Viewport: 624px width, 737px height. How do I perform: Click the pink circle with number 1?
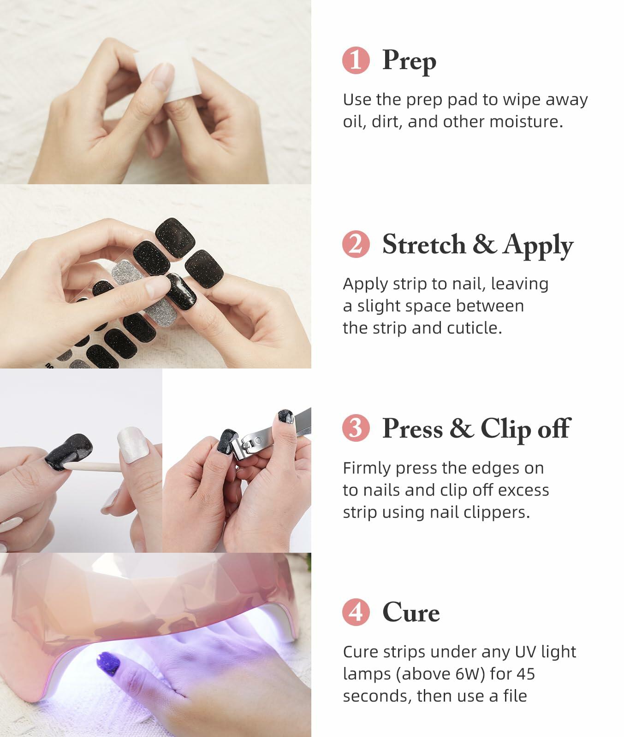[356, 60]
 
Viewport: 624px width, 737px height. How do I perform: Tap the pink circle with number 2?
[356, 244]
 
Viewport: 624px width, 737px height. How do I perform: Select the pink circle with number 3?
[356, 428]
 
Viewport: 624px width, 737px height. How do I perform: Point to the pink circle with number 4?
[356, 613]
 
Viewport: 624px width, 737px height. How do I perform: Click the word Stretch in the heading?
[423, 245]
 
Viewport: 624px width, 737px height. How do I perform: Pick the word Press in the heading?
[412, 429]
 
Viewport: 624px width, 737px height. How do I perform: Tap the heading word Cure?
[411, 613]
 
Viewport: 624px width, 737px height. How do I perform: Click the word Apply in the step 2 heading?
[538, 246]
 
